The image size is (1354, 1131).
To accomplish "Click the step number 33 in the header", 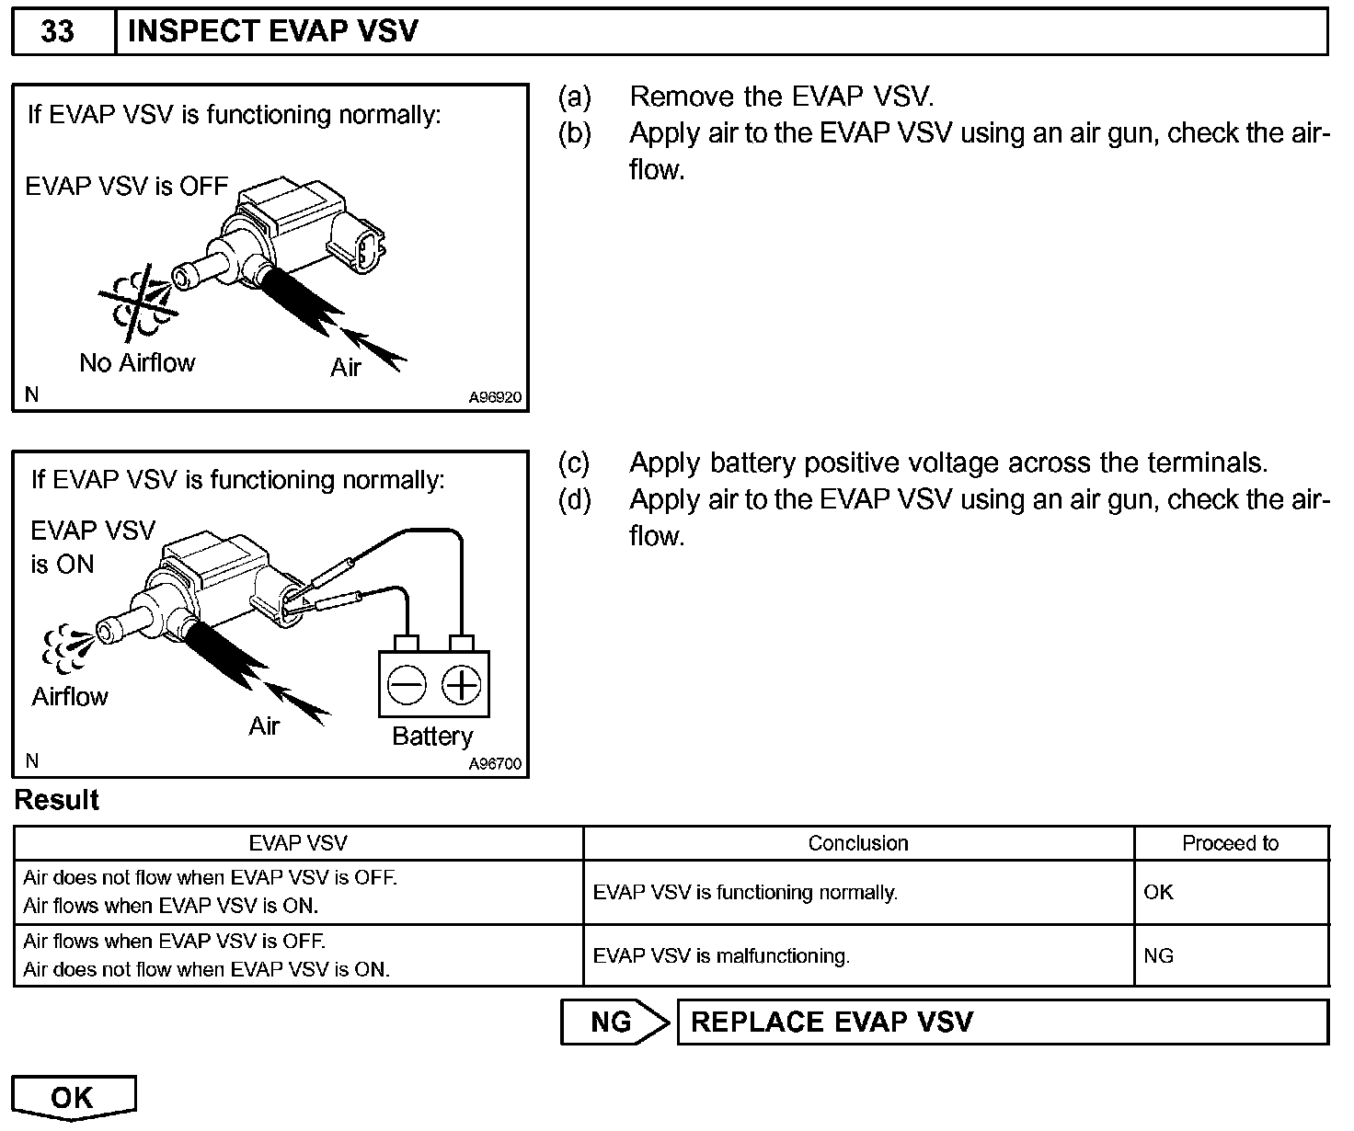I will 57,31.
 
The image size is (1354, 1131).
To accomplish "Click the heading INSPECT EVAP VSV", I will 272,31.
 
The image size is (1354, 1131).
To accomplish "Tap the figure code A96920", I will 495,398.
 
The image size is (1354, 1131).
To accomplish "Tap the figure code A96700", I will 495,764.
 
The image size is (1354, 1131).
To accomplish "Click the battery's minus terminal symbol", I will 406,685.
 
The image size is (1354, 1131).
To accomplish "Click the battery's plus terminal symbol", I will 461,685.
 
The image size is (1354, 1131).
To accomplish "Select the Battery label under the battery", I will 431,737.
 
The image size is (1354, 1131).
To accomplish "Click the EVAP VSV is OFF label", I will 126,186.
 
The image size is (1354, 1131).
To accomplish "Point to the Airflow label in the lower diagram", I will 70,697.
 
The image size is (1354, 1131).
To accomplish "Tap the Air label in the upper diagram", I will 346,368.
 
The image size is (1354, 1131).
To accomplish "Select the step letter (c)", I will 574,463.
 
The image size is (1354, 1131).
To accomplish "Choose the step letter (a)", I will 574,97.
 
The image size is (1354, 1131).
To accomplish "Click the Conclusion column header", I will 857,843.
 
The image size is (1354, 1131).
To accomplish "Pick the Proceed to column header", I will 1230,843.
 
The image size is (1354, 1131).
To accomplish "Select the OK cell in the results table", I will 1158,892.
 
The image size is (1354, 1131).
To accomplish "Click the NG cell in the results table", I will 1158,956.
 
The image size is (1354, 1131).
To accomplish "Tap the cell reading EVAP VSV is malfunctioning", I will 721,956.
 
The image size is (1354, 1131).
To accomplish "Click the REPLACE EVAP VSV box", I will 1002,1022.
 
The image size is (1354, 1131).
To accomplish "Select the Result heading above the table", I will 57,800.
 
